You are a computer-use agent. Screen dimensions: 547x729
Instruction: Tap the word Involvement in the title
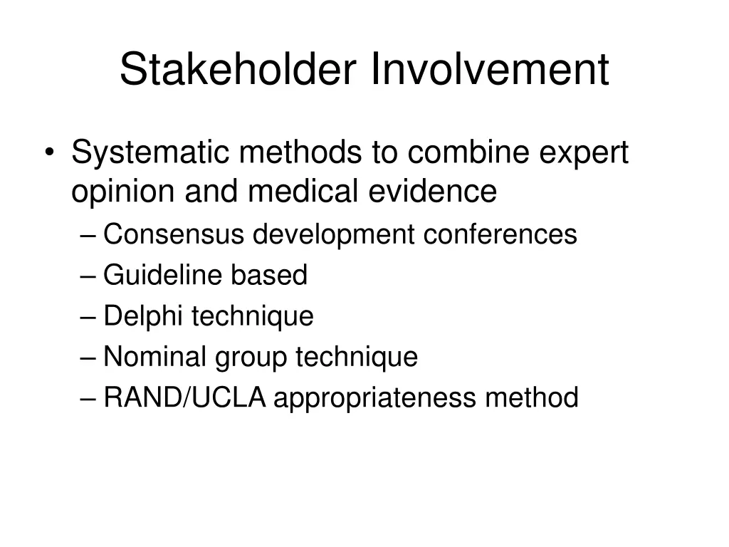click(490, 70)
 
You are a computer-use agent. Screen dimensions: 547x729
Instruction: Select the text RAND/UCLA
click(184, 398)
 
